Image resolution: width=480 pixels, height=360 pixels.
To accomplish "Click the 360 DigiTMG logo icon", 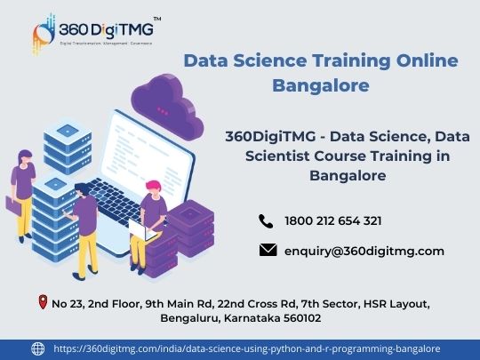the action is coord(44,35).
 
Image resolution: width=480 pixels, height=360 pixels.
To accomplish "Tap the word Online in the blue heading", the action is coord(427,60).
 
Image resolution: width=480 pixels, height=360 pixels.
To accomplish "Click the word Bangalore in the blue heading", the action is coord(321,85).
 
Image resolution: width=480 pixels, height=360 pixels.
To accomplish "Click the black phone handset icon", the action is coord(266,221).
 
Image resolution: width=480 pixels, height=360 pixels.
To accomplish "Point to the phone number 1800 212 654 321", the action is coord(333,221).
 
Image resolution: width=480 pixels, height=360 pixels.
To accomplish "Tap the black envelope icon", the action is coord(268,250).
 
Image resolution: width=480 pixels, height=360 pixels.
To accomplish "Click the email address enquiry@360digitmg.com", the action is coord(364,252).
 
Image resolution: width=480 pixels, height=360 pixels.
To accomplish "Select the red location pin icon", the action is coord(43,302).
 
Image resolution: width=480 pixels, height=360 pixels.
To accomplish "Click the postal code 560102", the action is coord(302,318).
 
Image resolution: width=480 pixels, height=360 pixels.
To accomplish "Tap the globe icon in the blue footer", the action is coord(38,348).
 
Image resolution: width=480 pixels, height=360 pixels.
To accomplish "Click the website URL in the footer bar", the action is coord(247,348).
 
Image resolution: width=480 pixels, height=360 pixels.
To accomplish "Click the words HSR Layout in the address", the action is coord(396,304).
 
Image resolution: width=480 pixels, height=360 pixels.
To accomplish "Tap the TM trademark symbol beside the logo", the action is coord(157,19).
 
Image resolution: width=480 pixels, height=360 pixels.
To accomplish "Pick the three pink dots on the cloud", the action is coord(163,111).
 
